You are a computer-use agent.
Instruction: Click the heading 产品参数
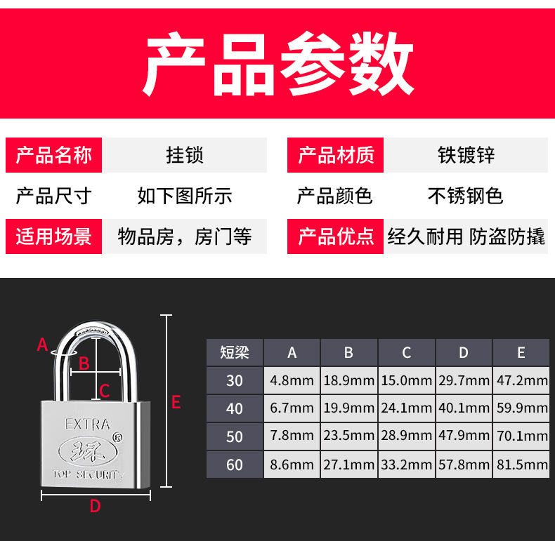(278, 65)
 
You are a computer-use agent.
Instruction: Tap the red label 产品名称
(53, 155)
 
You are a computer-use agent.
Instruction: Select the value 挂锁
(185, 155)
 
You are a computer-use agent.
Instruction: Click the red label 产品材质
(336, 155)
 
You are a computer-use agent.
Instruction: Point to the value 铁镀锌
(466, 155)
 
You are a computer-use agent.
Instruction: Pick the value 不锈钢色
(465, 196)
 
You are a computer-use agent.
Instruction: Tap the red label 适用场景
(53, 236)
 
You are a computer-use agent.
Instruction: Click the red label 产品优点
(336, 236)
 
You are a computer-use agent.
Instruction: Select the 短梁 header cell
(235, 352)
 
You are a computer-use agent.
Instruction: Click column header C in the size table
(407, 352)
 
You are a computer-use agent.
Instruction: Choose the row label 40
(235, 408)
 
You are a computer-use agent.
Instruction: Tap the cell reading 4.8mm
(292, 381)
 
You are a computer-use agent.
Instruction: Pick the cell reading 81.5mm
(521, 465)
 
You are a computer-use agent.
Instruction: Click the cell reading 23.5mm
(349, 436)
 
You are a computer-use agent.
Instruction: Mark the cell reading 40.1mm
(464, 408)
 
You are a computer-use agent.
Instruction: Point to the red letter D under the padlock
(96, 506)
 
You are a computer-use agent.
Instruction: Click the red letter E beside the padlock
(176, 402)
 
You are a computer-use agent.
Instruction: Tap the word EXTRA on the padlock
(87, 424)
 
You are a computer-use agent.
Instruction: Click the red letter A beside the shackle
(42, 345)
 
